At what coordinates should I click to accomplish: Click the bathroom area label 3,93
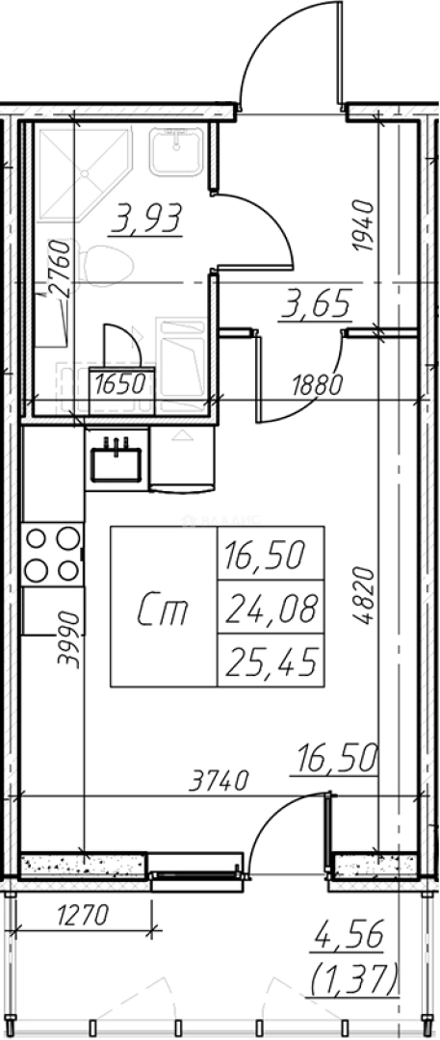coord(146,221)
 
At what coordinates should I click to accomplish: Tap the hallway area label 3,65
coord(314,306)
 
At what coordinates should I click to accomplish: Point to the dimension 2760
coord(58,269)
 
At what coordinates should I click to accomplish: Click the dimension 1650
coord(120,384)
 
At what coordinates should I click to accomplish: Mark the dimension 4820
coord(363,595)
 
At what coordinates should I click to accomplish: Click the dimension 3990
coord(69,638)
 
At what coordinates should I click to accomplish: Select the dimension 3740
coord(219,780)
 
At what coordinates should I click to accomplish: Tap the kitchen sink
coord(116,458)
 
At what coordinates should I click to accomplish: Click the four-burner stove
coord(52,555)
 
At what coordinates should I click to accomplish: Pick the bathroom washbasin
coord(176,151)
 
